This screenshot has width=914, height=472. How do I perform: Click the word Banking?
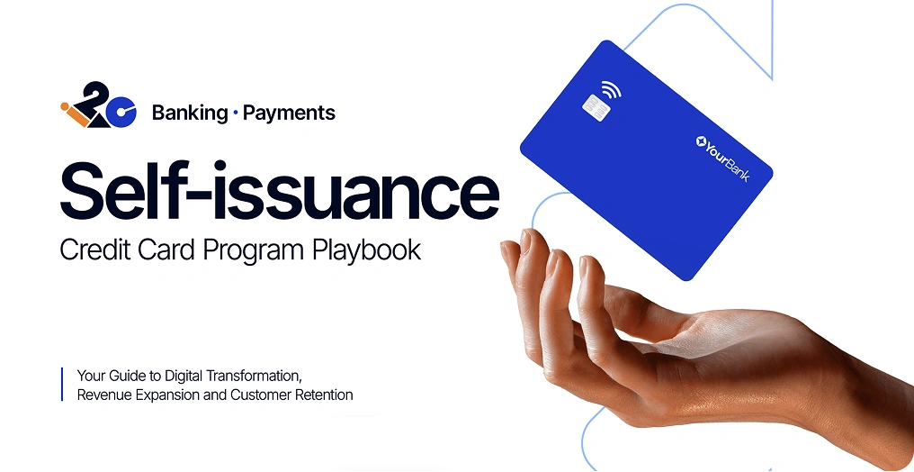[190, 113]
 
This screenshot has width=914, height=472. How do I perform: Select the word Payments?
[289, 113]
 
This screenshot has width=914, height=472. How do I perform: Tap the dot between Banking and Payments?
[235, 113]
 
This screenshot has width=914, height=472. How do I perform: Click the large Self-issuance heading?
[279, 190]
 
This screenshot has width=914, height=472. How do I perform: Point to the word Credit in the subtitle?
[95, 250]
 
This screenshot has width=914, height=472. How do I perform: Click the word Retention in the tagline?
[327, 395]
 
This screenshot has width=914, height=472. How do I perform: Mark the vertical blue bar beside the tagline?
[62, 384]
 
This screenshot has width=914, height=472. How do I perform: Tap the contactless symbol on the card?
[612, 90]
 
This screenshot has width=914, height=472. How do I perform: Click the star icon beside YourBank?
[701, 141]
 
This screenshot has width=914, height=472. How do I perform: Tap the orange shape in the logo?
[75, 114]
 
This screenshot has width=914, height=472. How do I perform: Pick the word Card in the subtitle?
[168, 250]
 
